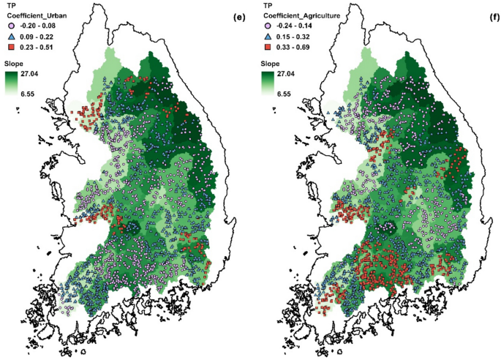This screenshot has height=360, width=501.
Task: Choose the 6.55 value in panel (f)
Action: tap(295, 94)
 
